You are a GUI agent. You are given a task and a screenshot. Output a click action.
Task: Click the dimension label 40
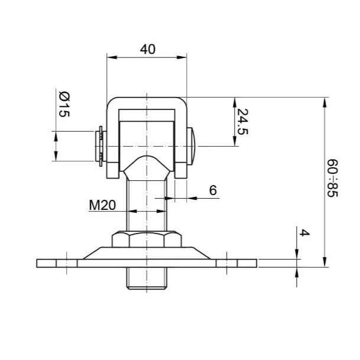pyautogui.click(x=148, y=49)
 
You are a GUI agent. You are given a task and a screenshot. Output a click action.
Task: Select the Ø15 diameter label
pyautogui.click(x=64, y=104)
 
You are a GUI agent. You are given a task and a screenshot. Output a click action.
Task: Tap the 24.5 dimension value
pyautogui.click(x=242, y=121)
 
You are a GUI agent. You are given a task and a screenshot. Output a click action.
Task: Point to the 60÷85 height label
pyautogui.click(x=332, y=178)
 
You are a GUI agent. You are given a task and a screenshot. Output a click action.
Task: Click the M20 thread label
pyautogui.click(x=102, y=205)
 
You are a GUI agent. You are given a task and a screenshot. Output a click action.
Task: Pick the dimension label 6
pyautogui.click(x=213, y=190)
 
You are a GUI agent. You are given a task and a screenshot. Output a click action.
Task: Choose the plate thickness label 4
pyautogui.click(x=304, y=233)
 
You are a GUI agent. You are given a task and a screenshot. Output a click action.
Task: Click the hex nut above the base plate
pyautogui.click(x=147, y=239)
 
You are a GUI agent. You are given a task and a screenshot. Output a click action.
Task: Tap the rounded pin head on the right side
pyautogui.click(x=191, y=146)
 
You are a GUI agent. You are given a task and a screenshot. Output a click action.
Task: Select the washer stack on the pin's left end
pyautogui.click(x=100, y=146)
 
